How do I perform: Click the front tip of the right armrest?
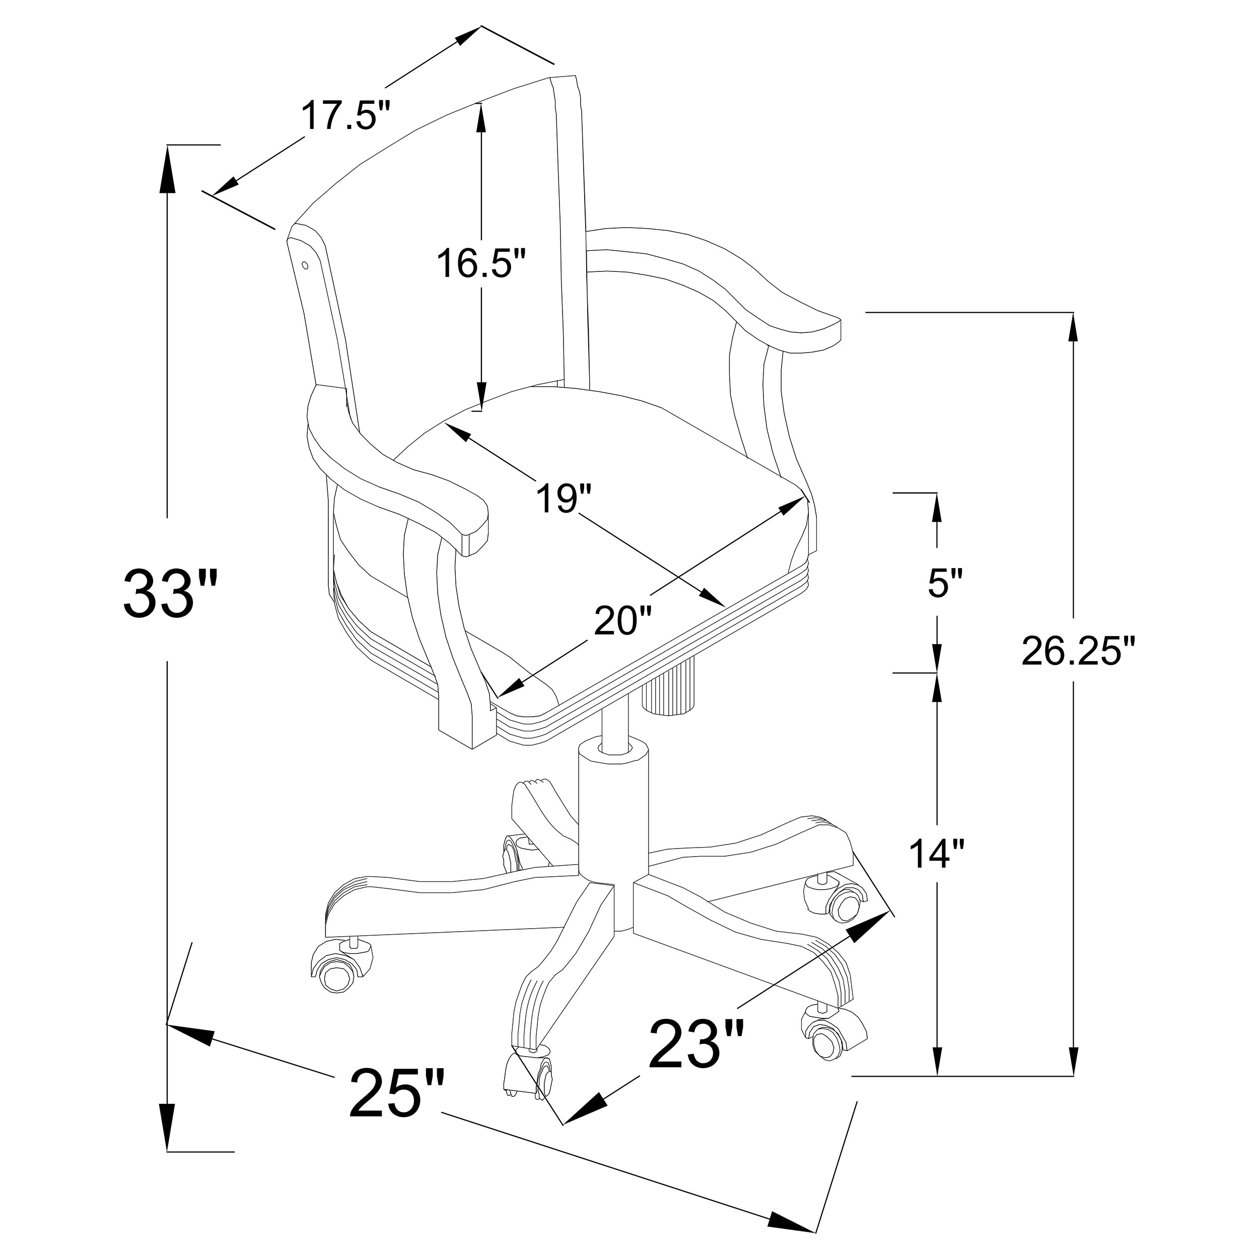tap(818, 335)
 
